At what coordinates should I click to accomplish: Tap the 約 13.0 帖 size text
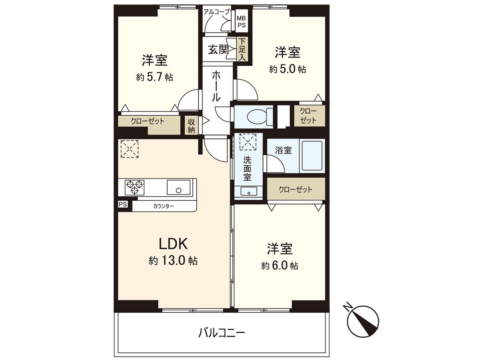point(173,261)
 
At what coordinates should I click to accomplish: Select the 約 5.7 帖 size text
point(154,77)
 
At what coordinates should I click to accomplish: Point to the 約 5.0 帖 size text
point(288,69)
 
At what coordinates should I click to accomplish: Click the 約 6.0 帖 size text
point(280,266)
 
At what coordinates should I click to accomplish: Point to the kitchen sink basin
point(179,187)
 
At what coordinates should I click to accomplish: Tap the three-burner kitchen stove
point(134,187)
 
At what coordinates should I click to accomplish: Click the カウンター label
point(163,206)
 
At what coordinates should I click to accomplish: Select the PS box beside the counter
point(123,204)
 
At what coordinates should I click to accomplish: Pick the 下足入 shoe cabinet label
point(242,50)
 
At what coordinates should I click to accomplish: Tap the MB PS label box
point(242,21)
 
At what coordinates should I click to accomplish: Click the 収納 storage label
point(191,126)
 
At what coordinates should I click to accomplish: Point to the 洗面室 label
point(248,167)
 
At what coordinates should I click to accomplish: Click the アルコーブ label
point(216,12)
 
